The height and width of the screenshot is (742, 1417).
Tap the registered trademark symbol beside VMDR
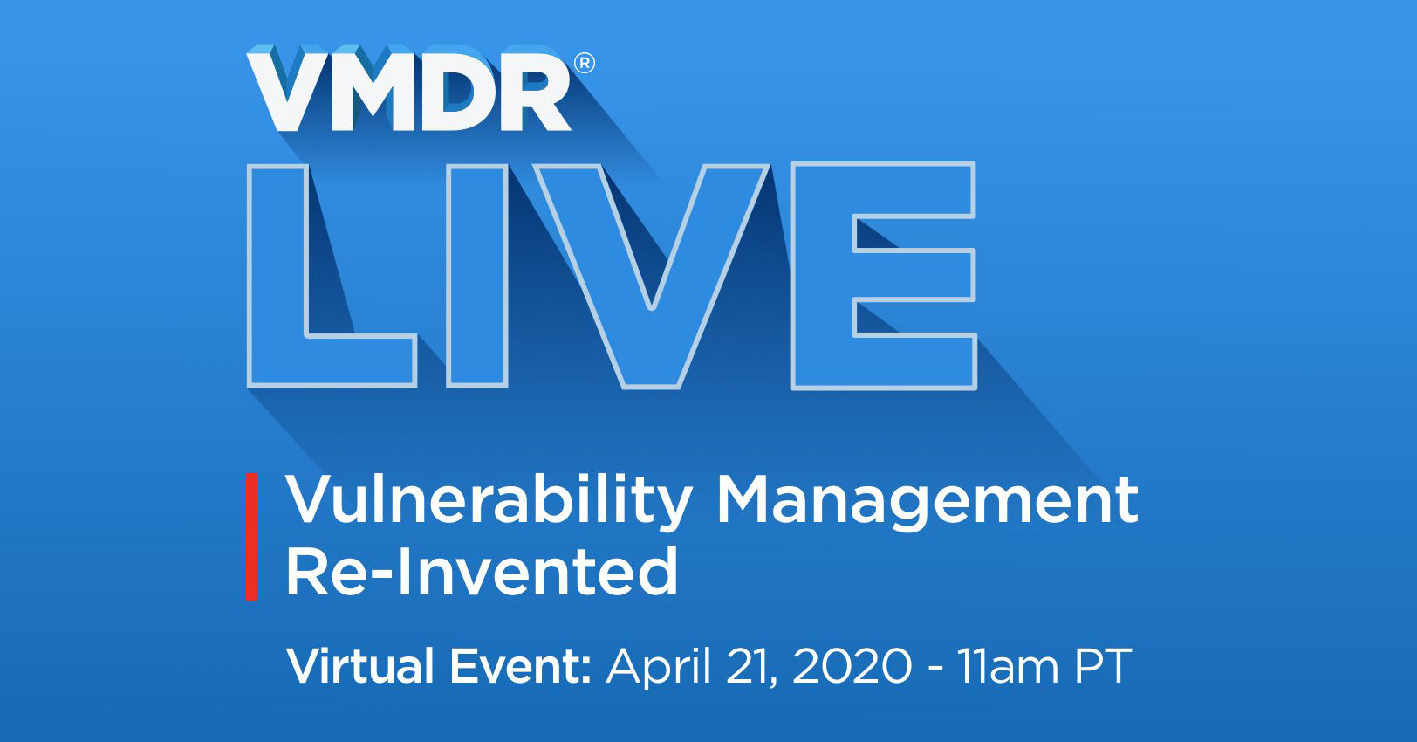tap(585, 64)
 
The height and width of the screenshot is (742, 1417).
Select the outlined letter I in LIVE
tap(476, 275)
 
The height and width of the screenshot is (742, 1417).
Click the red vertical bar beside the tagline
tap(251, 536)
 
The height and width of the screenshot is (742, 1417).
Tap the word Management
tap(927, 501)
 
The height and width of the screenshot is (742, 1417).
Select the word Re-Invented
tap(482, 572)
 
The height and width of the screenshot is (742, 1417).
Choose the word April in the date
tap(659, 668)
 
